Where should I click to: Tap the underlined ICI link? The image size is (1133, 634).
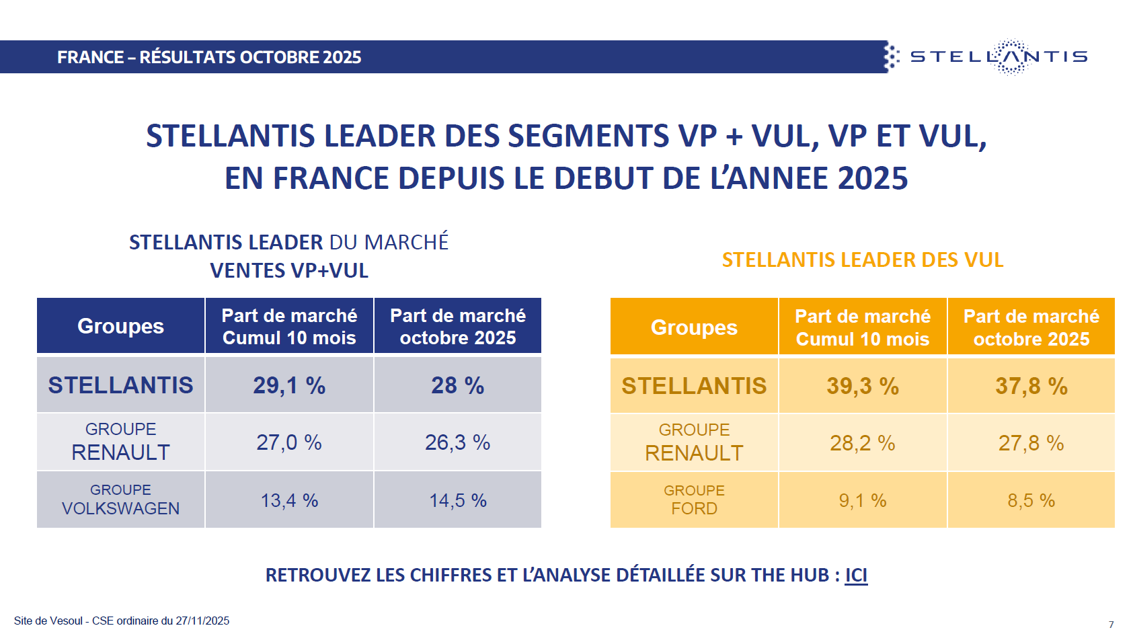(856, 576)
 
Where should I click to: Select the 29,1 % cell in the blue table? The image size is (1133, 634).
(289, 385)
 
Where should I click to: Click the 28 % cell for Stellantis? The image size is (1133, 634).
(457, 385)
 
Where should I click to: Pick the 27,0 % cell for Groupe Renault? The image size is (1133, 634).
(289, 442)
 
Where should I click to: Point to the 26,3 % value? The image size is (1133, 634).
(457, 442)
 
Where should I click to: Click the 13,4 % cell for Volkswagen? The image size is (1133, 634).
(289, 500)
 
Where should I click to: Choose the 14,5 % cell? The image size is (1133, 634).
(457, 500)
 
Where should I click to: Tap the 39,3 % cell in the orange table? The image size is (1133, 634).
(863, 386)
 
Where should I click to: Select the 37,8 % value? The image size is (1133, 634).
(1031, 386)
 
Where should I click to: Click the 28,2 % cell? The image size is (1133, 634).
(863, 443)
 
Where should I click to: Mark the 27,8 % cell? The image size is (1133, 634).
(1031, 443)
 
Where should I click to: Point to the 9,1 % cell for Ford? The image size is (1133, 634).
(863, 500)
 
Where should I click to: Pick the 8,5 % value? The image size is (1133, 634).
(1031, 500)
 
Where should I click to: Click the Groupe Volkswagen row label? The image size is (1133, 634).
(121, 500)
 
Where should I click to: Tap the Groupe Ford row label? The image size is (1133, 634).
(694, 500)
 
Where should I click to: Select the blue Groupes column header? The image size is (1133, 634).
(121, 326)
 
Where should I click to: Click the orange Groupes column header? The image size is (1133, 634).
(694, 327)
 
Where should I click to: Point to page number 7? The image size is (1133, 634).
(1111, 625)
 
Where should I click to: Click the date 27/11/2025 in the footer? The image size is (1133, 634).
(202, 621)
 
